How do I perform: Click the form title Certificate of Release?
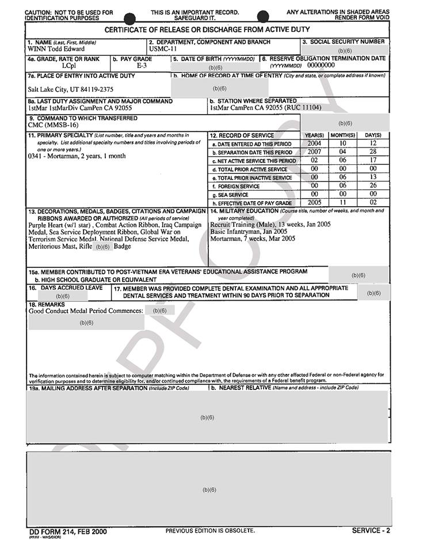coord(207,29)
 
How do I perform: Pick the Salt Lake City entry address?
coord(71,89)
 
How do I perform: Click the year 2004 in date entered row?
coord(314,143)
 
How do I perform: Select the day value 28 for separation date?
coord(373,151)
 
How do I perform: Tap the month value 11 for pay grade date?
coord(342,203)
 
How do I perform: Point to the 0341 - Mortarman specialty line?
coord(77,156)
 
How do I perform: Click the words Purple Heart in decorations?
coord(46,225)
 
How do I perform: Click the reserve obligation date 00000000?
coord(321,65)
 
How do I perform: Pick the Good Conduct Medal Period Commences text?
coord(86,310)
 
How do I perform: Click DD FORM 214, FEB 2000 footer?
coord(68,531)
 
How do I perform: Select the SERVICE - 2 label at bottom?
coord(371,531)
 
